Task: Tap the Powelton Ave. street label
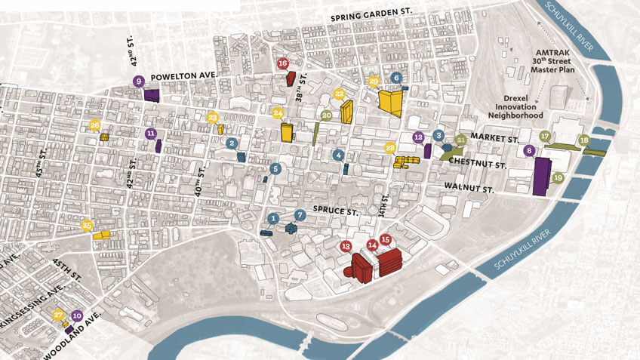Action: [x=185, y=77]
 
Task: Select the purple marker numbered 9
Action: [x=138, y=81]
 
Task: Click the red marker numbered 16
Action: [x=283, y=64]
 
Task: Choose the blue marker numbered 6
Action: [x=397, y=78]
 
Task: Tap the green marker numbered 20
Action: [x=326, y=115]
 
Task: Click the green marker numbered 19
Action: [x=558, y=177]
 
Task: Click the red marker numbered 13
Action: [x=346, y=246]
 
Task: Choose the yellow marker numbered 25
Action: [x=87, y=224]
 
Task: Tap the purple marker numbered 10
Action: [x=76, y=316]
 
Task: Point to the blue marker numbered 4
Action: [x=339, y=155]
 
